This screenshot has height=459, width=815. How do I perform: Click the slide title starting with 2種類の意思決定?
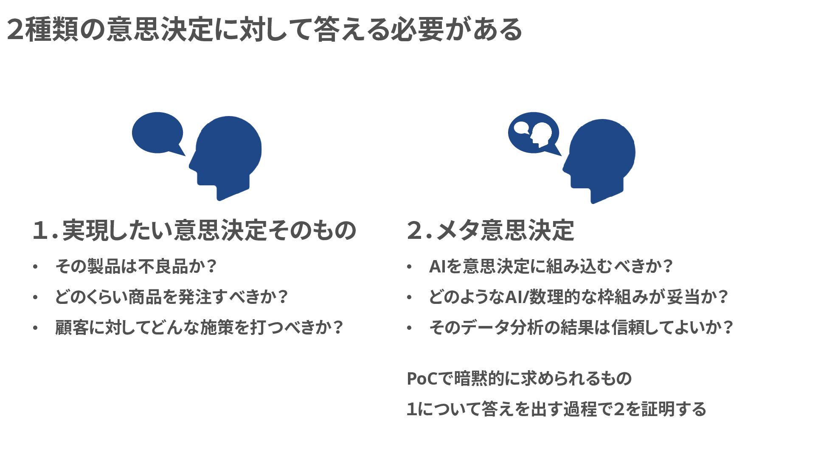coord(264,30)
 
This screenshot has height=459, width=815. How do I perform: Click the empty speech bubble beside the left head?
coord(157,132)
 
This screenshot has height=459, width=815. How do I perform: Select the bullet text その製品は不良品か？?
coord(136,266)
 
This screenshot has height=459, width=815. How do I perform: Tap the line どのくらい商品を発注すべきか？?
coord(171,297)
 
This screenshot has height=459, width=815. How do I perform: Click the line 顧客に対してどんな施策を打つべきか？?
coord(199,327)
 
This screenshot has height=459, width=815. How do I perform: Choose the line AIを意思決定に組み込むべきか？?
coord(551,266)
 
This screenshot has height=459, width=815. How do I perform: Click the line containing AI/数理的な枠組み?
coord(579,297)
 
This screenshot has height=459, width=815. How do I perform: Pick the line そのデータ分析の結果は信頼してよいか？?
coord(581,327)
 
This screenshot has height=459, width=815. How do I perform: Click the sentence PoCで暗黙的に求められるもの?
coord(519,378)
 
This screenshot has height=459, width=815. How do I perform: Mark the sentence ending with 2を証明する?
coord(556,409)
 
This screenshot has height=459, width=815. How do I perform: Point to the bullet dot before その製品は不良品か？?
coord(35,267)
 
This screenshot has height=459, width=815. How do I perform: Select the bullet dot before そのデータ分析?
coord(409,328)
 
